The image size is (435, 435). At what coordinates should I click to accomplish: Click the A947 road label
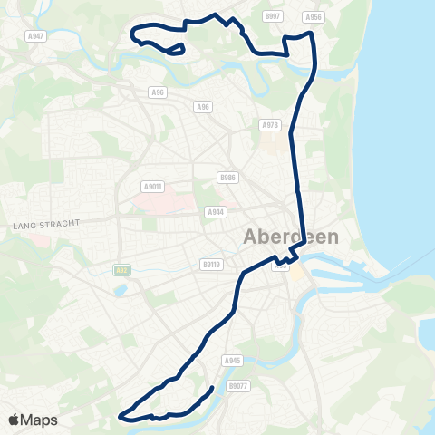tap(35, 35)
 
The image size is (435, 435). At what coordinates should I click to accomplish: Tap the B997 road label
tap(273, 16)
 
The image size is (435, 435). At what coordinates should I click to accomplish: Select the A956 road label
tap(314, 16)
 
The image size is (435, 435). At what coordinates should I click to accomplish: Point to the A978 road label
tap(268, 125)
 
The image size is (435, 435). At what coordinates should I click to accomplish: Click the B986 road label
tap(227, 178)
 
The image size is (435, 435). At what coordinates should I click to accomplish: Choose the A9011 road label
tap(152, 187)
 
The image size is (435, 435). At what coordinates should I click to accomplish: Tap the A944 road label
tap(215, 212)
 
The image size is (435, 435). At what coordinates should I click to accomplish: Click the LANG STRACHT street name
tap(47, 223)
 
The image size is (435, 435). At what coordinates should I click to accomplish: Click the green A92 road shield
tap(121, 269)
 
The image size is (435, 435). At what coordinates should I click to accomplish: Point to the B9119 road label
tap(210, 265)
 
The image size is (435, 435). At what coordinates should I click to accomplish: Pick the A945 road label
tap(232, 360)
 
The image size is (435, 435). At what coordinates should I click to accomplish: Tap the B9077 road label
tap(238, 386)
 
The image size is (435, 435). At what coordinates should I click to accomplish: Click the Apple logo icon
tap(14, 420)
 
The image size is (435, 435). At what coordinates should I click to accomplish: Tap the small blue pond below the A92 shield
tap(121, 291)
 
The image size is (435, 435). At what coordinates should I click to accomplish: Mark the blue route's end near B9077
tap(212, 389)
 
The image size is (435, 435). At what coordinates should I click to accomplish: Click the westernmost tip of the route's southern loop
tap(120, 416)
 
